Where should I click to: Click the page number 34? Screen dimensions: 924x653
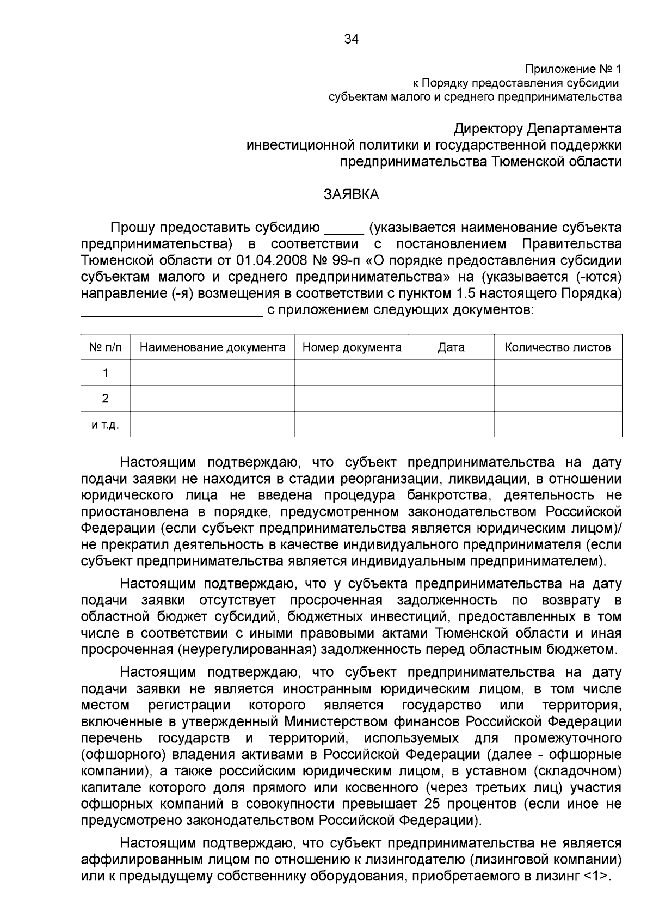coord(352,39)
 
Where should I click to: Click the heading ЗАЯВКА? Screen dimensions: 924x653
coord(352,194)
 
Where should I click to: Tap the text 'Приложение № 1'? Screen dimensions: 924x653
coord(572,69)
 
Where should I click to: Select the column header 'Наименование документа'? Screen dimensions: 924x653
coord(212,347)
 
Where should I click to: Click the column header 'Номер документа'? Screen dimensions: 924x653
coord(352,347)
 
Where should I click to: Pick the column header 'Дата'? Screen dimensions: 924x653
coord(451,347)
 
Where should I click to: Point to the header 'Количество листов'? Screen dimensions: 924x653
coord(558,347)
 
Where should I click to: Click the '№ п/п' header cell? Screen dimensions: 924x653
coord(106,347)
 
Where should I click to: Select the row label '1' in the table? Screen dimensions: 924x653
coord(106,373)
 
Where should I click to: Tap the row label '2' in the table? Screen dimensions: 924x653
coord(106,399)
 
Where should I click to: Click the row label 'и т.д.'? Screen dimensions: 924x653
coord(106,424)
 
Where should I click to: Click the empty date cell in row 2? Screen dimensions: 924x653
coord(451,399)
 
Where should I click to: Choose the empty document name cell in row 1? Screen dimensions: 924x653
coord(212,373)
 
